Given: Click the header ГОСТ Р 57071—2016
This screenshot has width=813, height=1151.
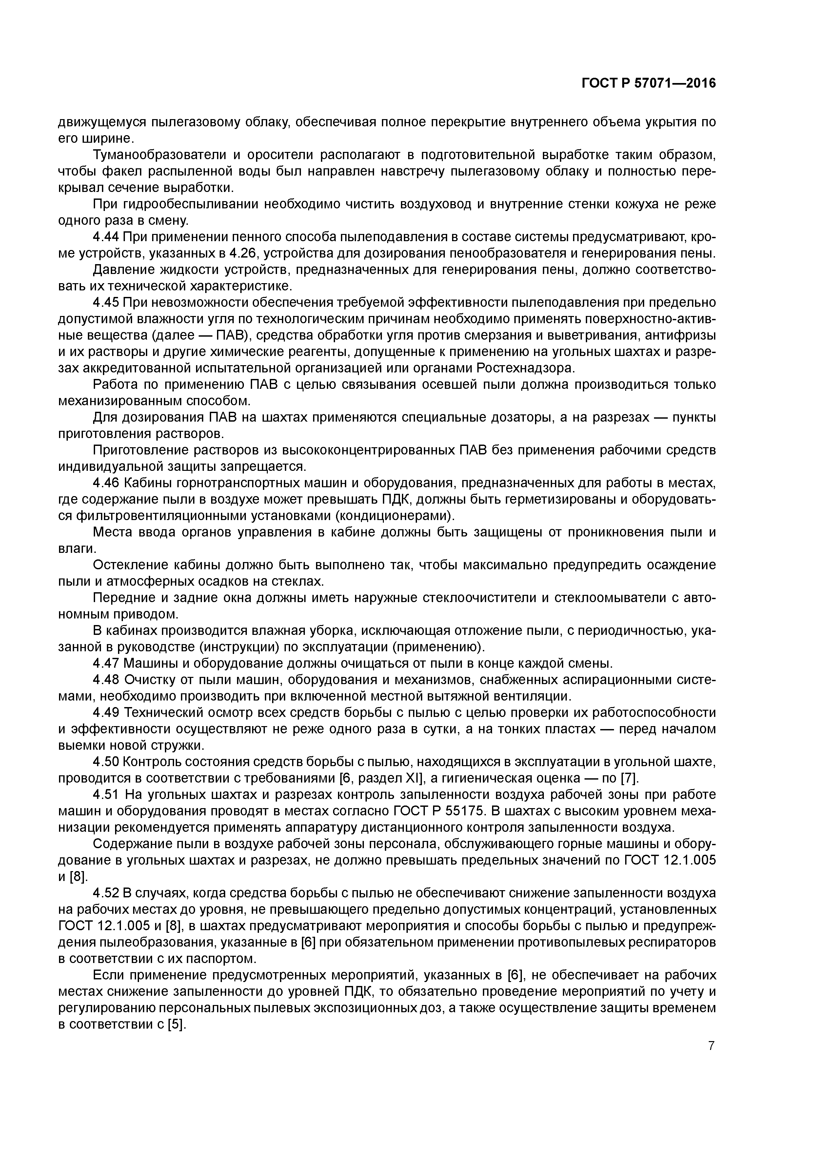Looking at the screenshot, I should (649, 84).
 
